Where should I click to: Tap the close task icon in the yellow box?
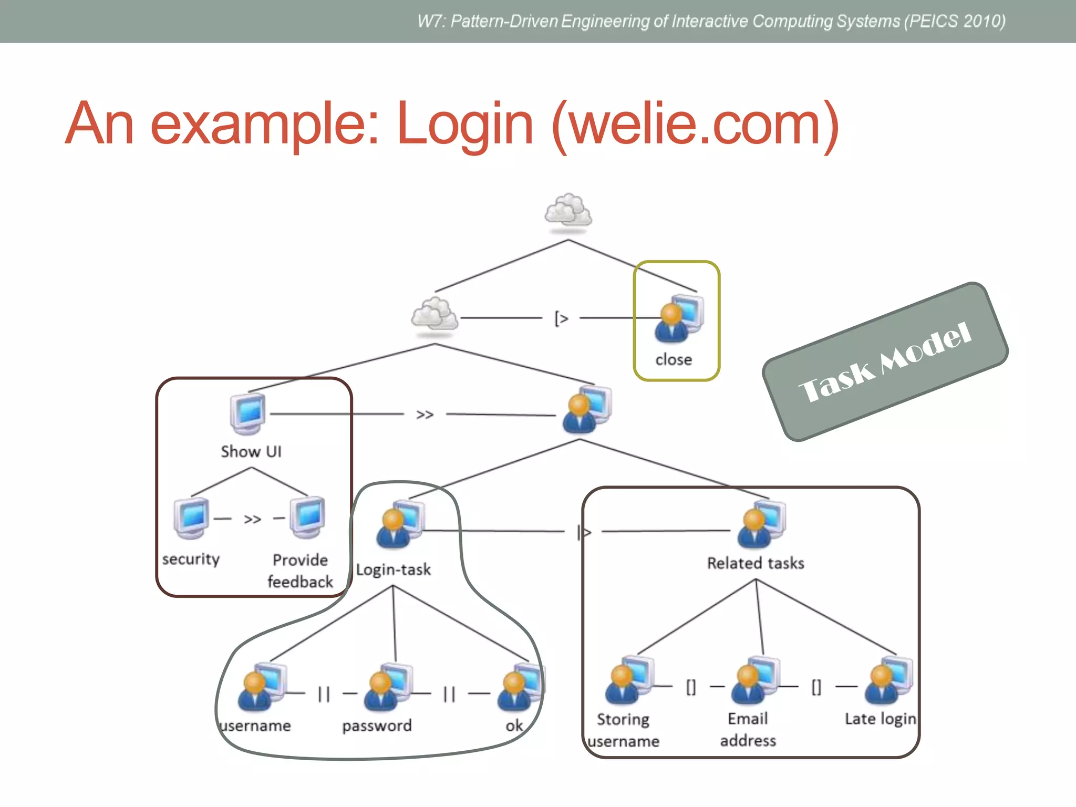(679, 318)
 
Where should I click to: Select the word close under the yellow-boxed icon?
(674, 360)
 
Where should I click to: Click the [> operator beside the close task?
(561, 318)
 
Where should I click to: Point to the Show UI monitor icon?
(247, 413)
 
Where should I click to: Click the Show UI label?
(251, 452)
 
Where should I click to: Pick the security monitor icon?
(191, 518)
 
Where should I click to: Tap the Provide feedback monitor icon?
(308, 517)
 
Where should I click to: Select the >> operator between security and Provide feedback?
(252, 520)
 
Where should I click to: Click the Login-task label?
(394, 570)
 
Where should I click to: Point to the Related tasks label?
(756, 564)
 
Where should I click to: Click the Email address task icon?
(755, 681)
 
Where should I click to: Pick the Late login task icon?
(888, 681)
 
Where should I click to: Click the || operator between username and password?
(324, 695)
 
